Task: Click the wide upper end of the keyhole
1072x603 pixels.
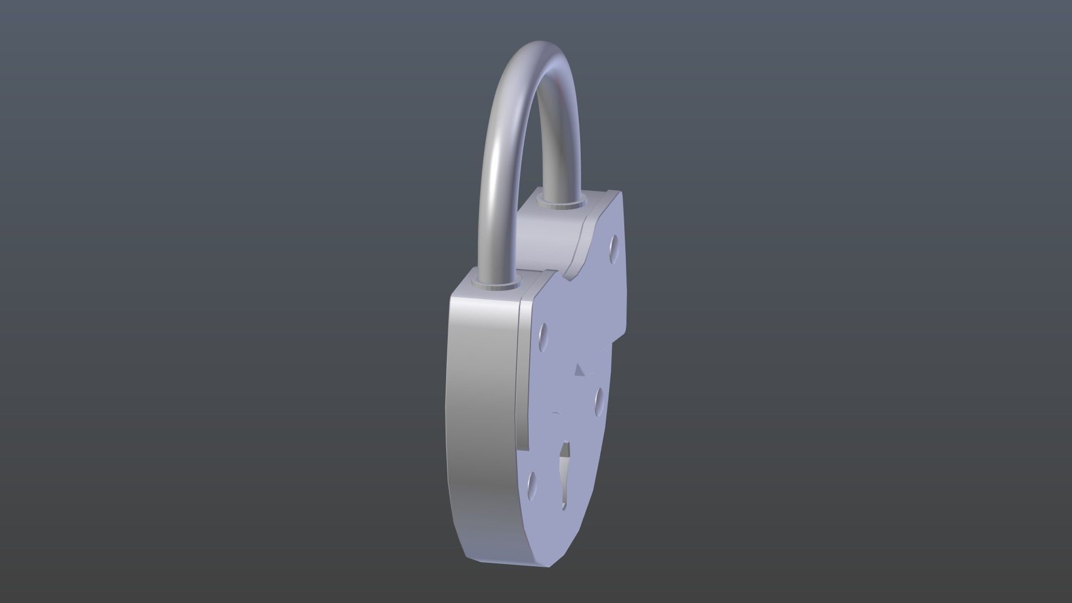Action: tap(566, 450)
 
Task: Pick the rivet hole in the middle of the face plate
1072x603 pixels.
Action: tap(598, 399)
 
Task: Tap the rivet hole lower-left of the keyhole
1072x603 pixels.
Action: tap(531, 482)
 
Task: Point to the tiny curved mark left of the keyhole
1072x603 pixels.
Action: tap(555, 413)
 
